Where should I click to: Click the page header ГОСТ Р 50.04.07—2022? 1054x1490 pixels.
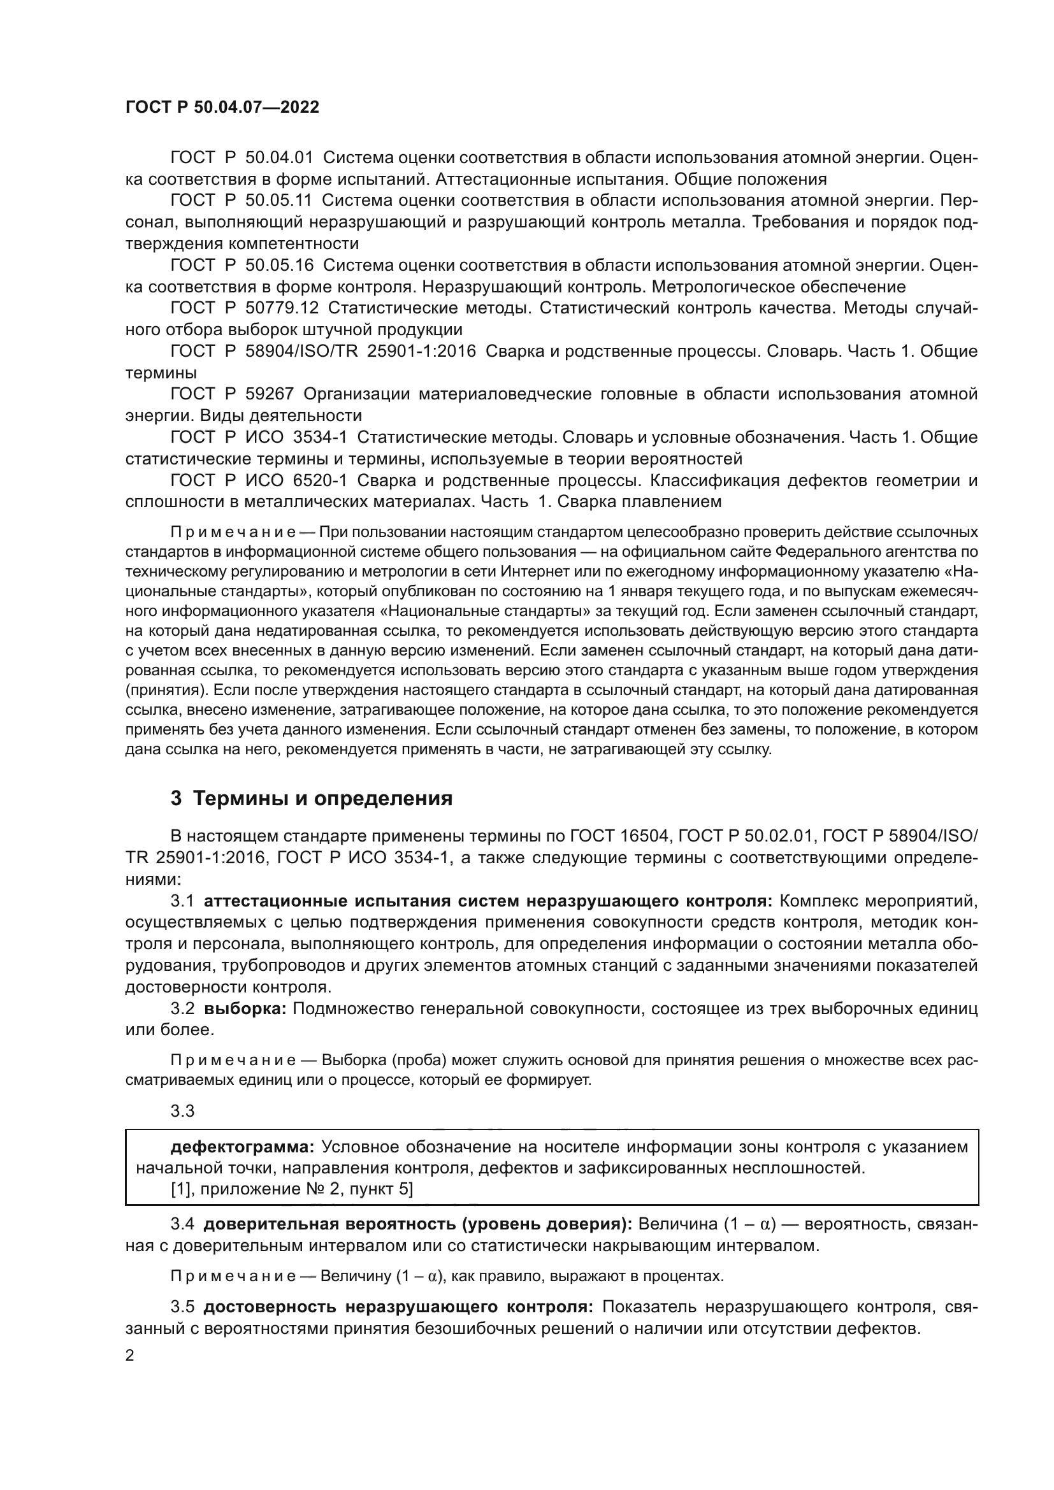pyautogui.click(x=222, y=108)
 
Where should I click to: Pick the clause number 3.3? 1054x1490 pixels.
pyautogui.click(x=182, y=1111)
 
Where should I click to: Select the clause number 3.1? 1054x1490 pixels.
pyautogui.click(x=182, y=901)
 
